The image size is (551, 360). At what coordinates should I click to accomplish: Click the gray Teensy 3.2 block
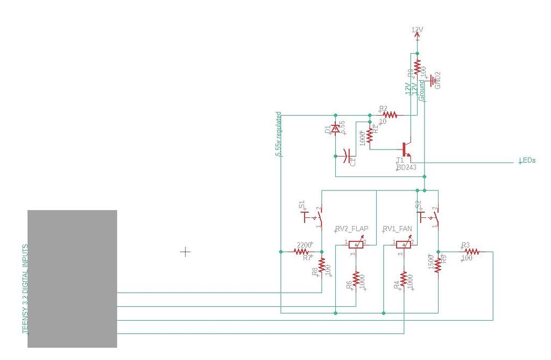pyautogui.click(x=72, y=278)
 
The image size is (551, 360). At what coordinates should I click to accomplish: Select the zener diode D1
pyautogui.click(x=335, y=129)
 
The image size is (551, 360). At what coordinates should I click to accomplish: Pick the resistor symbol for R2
pyautogui.click(x=390, y=115)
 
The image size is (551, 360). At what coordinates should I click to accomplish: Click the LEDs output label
pyautogui.click(x=527, y=160)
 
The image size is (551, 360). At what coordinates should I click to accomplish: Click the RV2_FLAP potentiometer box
pyautogui.click(x=355, y=244)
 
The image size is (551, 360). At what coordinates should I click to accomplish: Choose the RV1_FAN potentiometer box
pyautogui.click(x=403, y=244)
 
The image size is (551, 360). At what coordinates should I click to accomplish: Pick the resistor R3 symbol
pyautogui.click(x=472, y=251)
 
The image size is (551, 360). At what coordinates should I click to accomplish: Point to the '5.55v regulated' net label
pyautogui.click(x=278, y=134)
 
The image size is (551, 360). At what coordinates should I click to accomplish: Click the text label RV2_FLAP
pyautogui.click(x=352, y=229)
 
